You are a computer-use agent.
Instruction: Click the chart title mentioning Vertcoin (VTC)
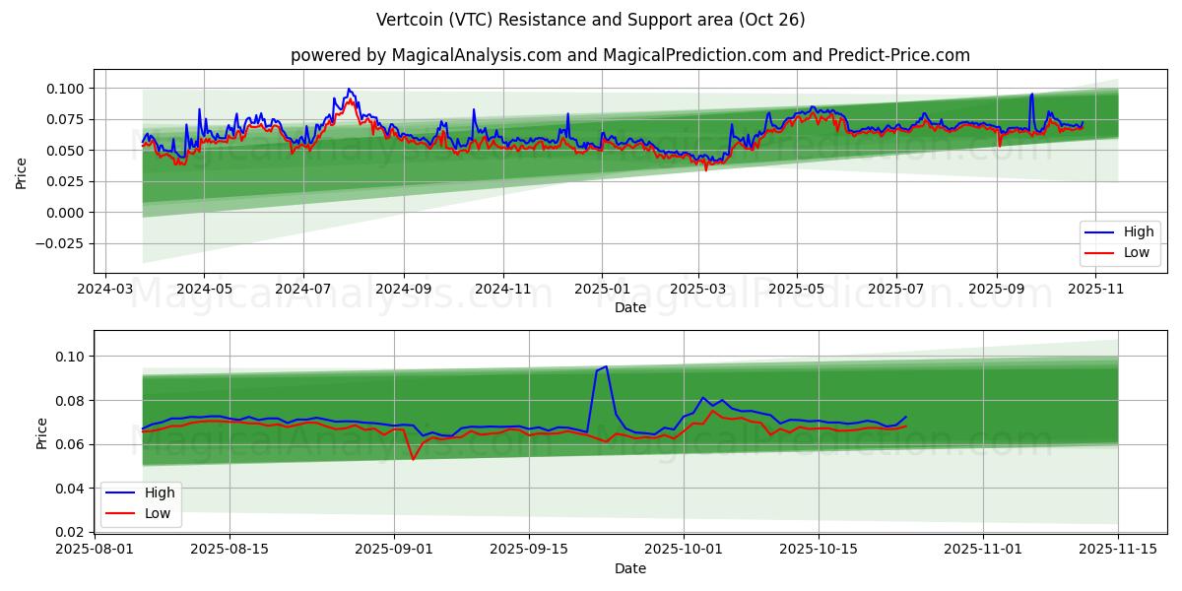(590, 20)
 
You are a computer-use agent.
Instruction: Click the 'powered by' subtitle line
(629, 55)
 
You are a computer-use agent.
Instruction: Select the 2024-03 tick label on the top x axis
(105, 290)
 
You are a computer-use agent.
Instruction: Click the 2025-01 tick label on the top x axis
(601, 290)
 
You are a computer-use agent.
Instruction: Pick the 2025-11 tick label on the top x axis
(1095, 290)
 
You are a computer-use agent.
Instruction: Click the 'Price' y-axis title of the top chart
(22, 171)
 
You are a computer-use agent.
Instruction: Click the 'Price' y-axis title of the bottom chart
(41, 432)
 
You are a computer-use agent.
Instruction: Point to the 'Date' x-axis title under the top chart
(629, 307)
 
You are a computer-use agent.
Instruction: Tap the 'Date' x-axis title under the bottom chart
(629, 568)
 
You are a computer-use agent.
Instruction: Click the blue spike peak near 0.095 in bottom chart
(606, 366)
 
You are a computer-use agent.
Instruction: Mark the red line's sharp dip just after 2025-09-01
(413, 459)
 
